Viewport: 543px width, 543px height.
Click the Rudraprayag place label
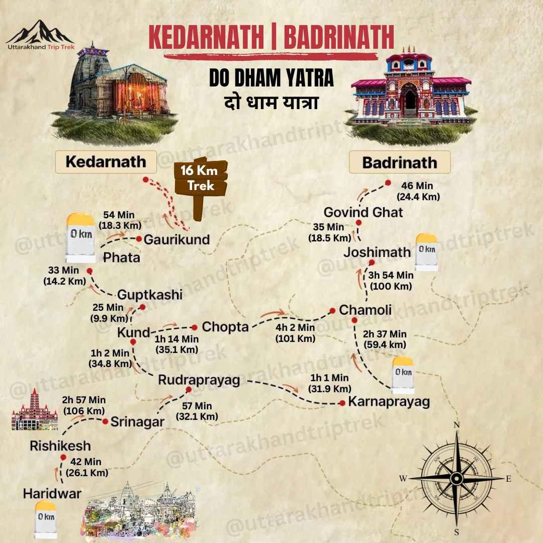click(x=199, y=381)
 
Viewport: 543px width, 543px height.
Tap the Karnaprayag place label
click(x=389, y=402)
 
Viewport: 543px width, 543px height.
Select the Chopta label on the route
click(x=225, y=327)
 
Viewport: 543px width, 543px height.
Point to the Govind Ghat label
click(x=363, y=212)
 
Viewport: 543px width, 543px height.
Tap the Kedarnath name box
click(x=106, y=162)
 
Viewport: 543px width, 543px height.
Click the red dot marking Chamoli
click(x=332, y=310)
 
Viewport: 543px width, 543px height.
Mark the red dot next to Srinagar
click(x=106, y=421)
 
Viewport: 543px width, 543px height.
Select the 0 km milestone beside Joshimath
click(x=426, y=251)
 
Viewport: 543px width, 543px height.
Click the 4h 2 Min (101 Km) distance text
click(x=295, y=333)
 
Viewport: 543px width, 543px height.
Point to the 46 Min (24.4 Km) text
click(x=418, y=192)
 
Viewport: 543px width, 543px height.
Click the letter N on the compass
click(x=457, y=425)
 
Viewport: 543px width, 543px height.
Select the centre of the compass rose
click(x=457, y=478)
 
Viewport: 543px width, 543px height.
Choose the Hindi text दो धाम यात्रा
click(x=271, y=102)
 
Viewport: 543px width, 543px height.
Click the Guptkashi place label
click(x=150, y=295)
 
